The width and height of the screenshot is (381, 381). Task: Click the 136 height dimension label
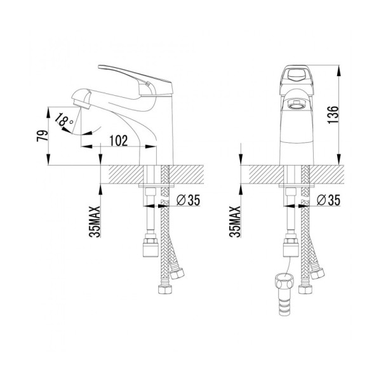[333, 115]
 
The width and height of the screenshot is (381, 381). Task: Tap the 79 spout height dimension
[43, 136]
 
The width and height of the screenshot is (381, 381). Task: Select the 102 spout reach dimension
[119, 140]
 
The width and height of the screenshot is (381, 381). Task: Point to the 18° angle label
[63, 119]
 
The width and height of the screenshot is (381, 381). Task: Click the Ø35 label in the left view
[188, 200]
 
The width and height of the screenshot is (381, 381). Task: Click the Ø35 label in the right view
[328, 200]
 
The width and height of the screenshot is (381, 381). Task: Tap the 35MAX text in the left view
[95, 222]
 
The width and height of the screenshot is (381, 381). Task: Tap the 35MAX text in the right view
[235, 222]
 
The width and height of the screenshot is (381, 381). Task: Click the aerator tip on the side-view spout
[81, 104]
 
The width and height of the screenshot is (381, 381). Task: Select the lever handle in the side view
[135, 80]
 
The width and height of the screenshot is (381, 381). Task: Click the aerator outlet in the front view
[296, 105]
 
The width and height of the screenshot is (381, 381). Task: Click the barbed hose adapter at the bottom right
[284, 295]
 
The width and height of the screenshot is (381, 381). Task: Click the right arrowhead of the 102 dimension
[151, 147]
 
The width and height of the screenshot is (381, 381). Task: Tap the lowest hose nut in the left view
[165, 290]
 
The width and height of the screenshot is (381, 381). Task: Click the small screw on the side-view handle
[147, 84]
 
